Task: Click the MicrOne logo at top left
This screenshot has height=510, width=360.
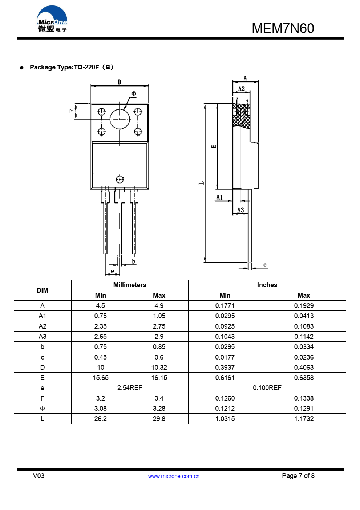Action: [52, 19]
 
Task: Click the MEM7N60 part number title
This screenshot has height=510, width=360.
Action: [283, 28]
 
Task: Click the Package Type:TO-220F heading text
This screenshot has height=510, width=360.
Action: [72, 67]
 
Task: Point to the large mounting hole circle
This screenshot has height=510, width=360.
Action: [120, 119]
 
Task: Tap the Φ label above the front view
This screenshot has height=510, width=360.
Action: [134, 93]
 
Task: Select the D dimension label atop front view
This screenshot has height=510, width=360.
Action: [120, 82]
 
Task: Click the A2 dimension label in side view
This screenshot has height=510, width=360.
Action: [242, 88]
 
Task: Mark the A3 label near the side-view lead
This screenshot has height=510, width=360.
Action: [240, 210]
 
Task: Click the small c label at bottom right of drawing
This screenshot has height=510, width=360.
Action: [265, 265]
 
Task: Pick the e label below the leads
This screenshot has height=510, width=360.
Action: [112, 271]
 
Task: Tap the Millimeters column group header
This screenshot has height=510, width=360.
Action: [130, 285]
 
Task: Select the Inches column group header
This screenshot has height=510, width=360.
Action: [267, 285]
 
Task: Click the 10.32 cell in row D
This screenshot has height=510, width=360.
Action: [159, 368]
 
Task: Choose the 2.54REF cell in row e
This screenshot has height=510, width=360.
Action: [130, 388]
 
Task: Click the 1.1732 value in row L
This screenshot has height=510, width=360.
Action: [304, 419]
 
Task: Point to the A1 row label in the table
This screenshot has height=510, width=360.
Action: [43, 316]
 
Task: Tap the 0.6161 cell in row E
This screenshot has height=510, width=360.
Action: [225, 378]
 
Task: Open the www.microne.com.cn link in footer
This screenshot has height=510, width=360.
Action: [174, 476]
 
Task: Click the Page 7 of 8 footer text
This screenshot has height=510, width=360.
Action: [298, 476]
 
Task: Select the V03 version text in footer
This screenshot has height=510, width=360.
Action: [39, 476]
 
